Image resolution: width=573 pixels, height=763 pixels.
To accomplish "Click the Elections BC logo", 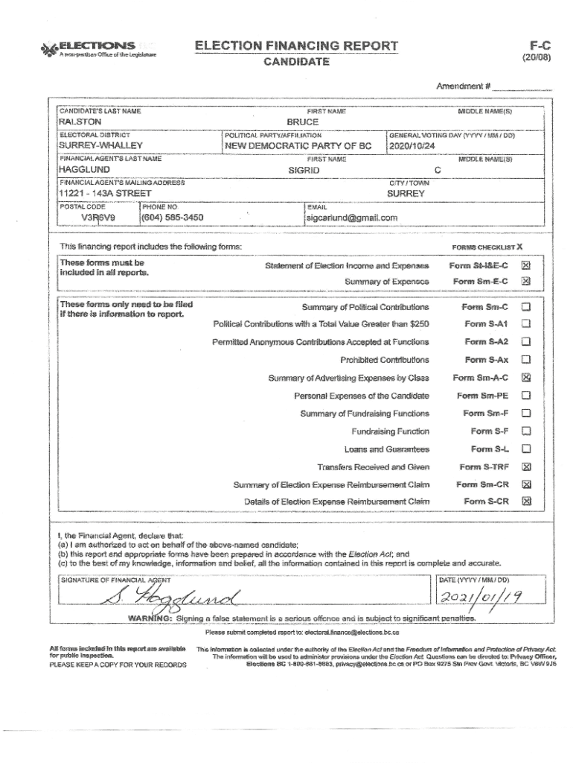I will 97,48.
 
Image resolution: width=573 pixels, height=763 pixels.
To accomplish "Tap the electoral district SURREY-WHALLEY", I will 100,146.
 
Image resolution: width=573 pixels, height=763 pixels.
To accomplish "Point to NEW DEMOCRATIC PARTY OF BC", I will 298,146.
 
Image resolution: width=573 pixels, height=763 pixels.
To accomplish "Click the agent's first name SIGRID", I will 304,170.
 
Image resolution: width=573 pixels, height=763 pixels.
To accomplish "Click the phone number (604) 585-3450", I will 173,218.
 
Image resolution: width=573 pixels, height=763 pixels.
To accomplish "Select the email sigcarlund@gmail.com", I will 353,218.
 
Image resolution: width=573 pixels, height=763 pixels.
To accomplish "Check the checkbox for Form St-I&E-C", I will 526,265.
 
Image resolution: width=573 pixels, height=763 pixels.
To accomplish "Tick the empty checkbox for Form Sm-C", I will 526,307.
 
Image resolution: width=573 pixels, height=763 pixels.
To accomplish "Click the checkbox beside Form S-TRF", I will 526,467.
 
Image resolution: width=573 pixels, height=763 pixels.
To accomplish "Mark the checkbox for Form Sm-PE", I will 526,395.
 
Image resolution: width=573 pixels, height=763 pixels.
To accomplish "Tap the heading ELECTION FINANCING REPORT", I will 296,46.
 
